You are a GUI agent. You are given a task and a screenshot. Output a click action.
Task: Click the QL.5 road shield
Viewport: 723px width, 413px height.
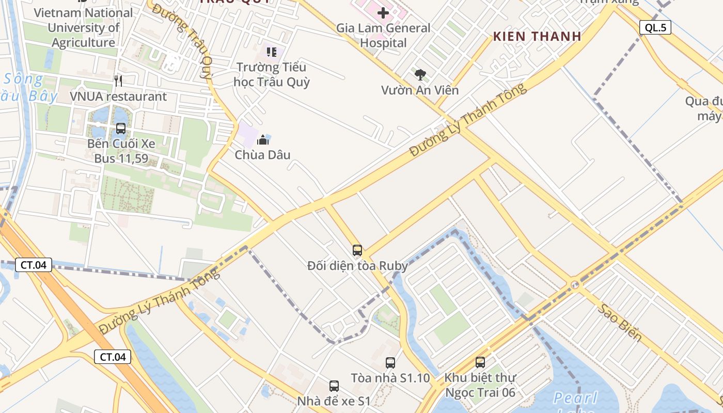point(655,27)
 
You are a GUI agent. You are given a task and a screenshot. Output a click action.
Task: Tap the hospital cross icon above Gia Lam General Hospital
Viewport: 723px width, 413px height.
point(383,12)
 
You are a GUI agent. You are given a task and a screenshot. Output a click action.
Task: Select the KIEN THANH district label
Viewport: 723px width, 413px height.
point(537,36)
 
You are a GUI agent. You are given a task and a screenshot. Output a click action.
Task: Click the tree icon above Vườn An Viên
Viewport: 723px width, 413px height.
point(420,75)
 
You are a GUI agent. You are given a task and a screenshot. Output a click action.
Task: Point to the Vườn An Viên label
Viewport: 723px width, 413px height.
point(420,90)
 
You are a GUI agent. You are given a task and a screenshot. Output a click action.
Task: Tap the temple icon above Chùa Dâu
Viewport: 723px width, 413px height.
point(263,139)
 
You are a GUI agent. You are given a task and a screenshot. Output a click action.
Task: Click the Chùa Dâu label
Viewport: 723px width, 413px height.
point(263,155)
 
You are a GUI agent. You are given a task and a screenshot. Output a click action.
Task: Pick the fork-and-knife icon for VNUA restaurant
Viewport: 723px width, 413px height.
point(118,81)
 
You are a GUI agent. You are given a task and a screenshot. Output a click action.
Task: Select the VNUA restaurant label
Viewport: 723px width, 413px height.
point(118,97)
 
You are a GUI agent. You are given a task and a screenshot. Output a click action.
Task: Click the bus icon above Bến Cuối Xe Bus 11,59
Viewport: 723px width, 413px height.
point(121,129)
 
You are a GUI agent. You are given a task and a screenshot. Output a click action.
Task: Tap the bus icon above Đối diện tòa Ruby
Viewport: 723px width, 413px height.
point(357,250)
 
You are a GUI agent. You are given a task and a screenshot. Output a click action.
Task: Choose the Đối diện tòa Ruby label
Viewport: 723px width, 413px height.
point(357,266)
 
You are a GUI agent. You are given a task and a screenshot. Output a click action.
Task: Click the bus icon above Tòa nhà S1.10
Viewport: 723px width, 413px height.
point(390,363)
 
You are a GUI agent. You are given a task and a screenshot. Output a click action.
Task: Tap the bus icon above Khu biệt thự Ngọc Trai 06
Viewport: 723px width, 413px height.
point(480,362)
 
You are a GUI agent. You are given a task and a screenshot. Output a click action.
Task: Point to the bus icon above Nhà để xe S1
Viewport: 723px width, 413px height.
point(334,386)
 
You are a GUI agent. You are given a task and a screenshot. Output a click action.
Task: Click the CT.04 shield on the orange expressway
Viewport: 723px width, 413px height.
point(113,357)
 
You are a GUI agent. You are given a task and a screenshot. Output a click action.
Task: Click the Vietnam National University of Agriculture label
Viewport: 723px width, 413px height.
point(84,28)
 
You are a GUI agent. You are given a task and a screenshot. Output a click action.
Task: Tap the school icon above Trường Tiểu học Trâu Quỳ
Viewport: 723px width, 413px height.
point(272,52)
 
